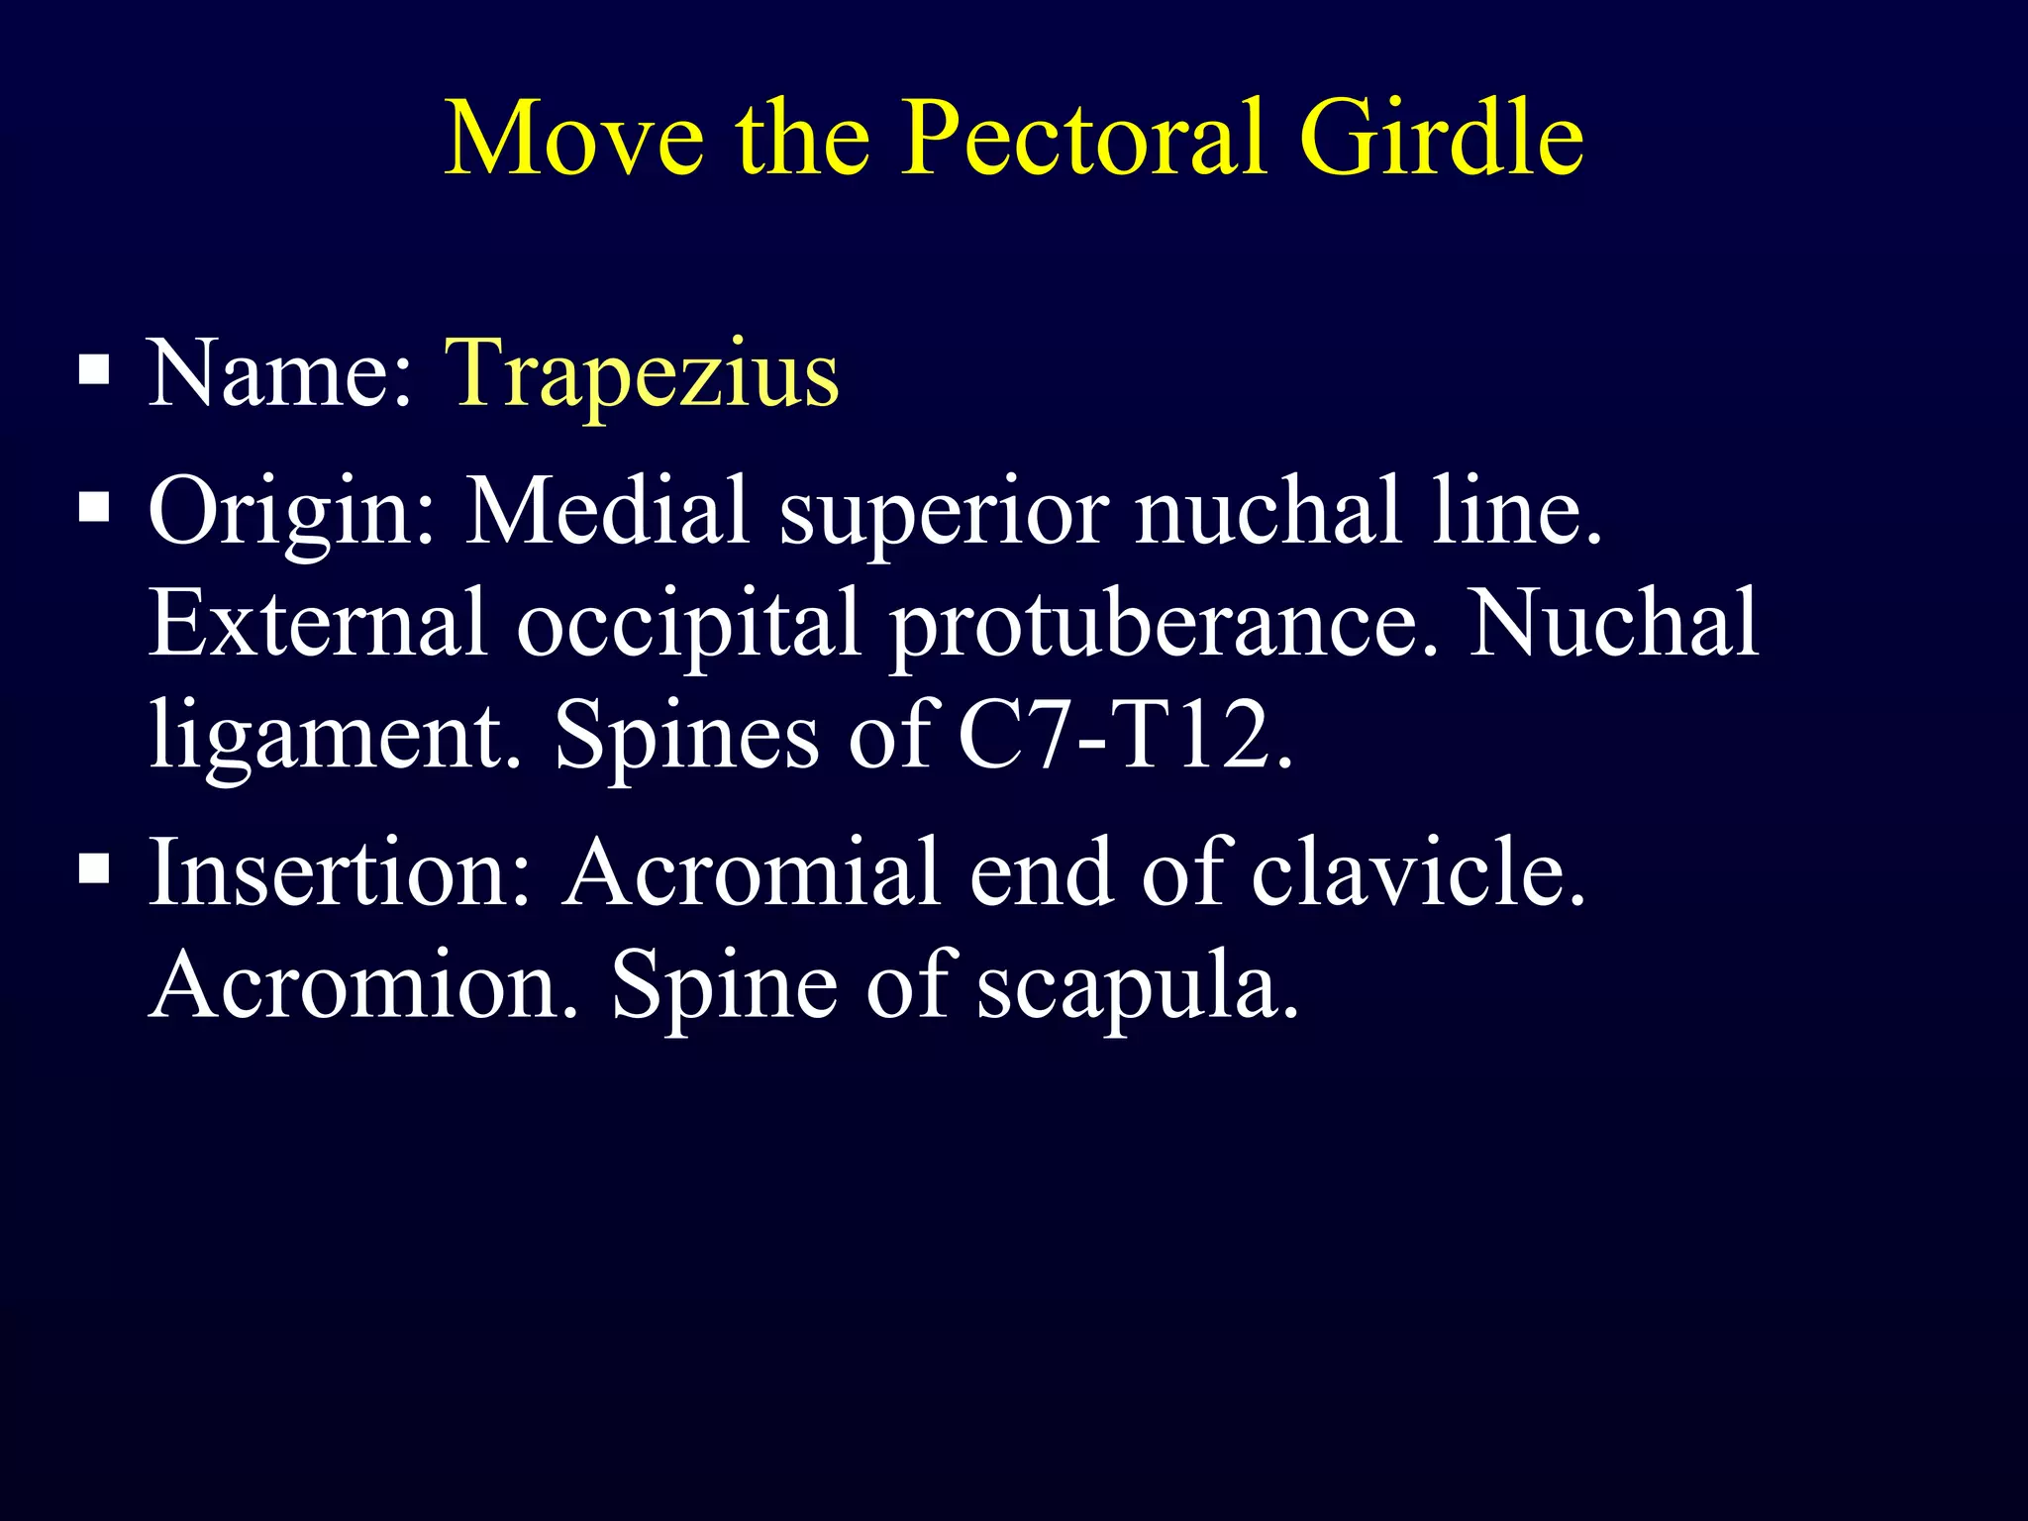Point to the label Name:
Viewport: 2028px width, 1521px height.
(x=280, y=374)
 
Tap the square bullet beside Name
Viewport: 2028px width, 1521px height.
(x=94, y=371)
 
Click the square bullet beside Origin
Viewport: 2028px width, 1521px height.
(x=94, y=509)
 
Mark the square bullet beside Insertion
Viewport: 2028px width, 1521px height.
(x=94, y=869)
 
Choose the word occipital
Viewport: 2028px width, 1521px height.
(x=687, y=624)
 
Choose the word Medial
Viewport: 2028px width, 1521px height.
(x=606, y=512)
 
